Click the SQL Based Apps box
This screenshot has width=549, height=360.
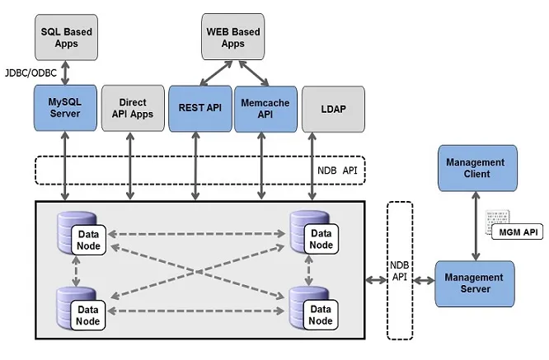[66, 37]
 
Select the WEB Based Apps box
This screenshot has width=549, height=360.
[233, 37]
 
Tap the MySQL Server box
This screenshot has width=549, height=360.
[65, 108]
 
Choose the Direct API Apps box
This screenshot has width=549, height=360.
[130, 108]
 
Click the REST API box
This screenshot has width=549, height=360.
[200, 108]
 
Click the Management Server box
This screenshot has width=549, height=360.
[476, 283]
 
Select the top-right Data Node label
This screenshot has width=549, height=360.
[321, 239]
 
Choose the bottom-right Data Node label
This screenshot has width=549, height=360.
[321, 315]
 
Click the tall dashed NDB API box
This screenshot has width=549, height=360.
[400, 271]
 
